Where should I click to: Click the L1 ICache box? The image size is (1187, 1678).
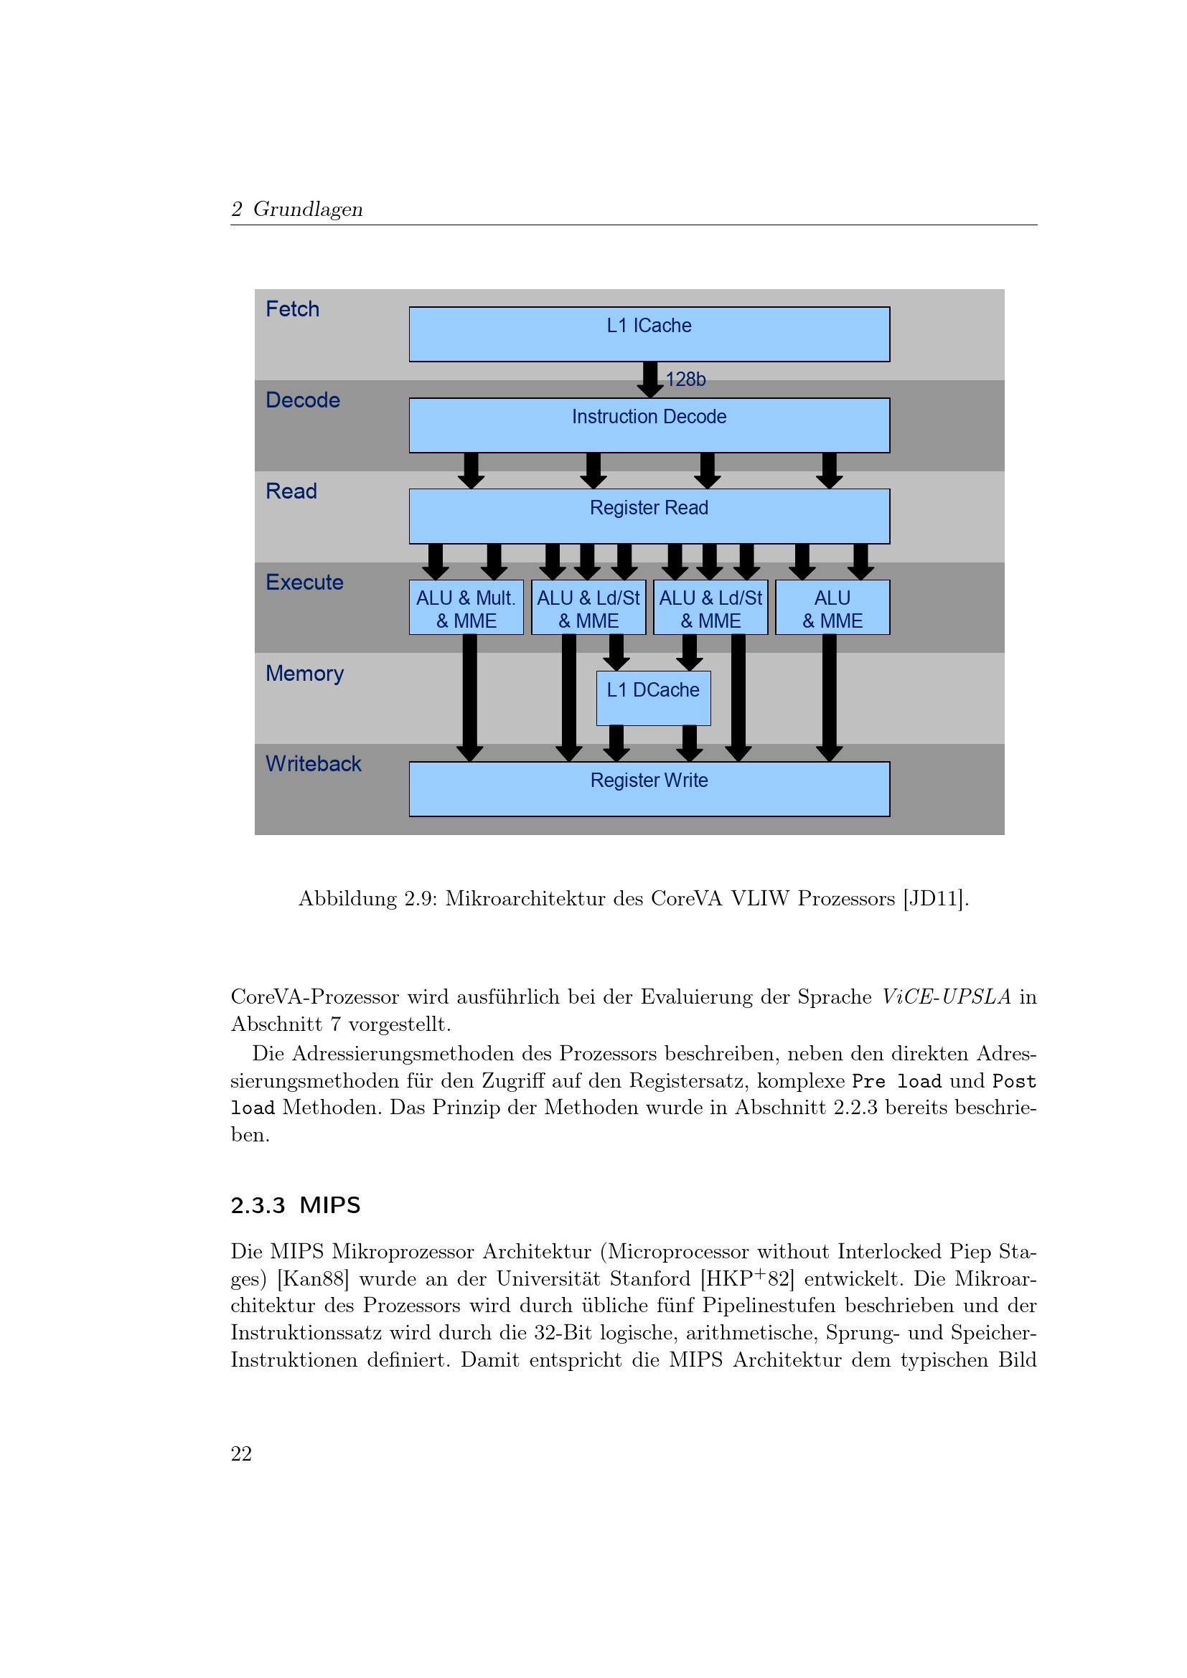coord(649,334)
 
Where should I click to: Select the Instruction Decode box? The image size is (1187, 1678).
coord(649,425)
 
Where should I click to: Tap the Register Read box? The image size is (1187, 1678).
coord(649,516)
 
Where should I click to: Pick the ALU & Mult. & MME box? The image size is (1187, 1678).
coord(466,608)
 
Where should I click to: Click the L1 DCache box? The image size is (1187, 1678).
coord(654,698)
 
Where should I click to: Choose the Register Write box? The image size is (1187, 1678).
coord(649,789)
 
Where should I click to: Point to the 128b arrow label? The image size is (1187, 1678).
coord(685,380)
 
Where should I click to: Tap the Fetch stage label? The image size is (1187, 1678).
coord(292,309)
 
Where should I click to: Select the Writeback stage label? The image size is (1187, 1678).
coord(314,764)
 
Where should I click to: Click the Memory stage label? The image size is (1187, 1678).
coord(305,673)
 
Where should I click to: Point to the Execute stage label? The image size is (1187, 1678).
coord(305,583)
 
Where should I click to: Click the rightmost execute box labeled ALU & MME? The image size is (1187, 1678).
coord(832,608)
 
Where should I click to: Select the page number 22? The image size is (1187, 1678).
coord(241,1453)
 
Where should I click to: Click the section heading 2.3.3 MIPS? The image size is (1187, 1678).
coord(295,1205)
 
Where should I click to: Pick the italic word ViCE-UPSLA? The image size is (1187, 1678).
coord(946,997)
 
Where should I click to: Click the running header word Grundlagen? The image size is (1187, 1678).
coord(308,209)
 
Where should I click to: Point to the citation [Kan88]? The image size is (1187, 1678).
coord(314,1278)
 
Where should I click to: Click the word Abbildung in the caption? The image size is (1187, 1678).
coord(347,898)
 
